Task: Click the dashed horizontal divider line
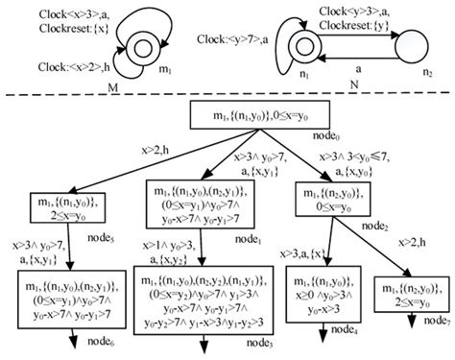click(x=227, y=97)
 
